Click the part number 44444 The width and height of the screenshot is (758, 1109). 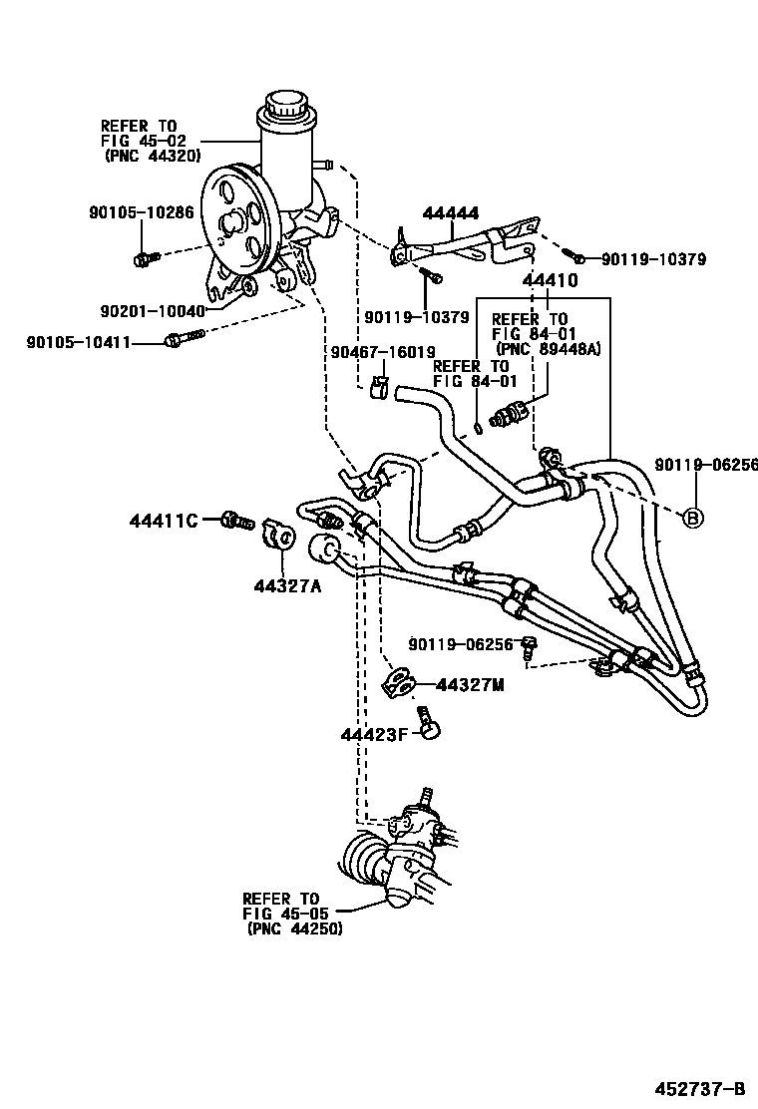pyautogui.click(x=450, y=213)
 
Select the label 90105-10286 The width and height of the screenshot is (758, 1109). pyautogui.click(x=140, y=212)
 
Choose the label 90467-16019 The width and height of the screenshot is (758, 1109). pyautogui.click(x=383, y=352)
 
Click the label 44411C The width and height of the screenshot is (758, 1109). pyautogui.click(x=166, y=520)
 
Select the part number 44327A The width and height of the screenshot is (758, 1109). pyautogui.click(x=287, y=586)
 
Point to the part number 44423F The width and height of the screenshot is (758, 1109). pyautogui.click(x=375, y=736)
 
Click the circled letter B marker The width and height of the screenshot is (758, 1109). pyautogui.click(x=691, y=517)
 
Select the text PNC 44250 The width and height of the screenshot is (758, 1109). pyautogui.click(x=294, y=927)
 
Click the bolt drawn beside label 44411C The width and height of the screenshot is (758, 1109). pyautogui.click(x=236, y=520)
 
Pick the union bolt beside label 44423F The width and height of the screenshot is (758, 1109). pyautogui.click(x=430, y=724)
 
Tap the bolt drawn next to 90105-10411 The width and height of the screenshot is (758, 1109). pyautogui.click(x=181, y=342)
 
